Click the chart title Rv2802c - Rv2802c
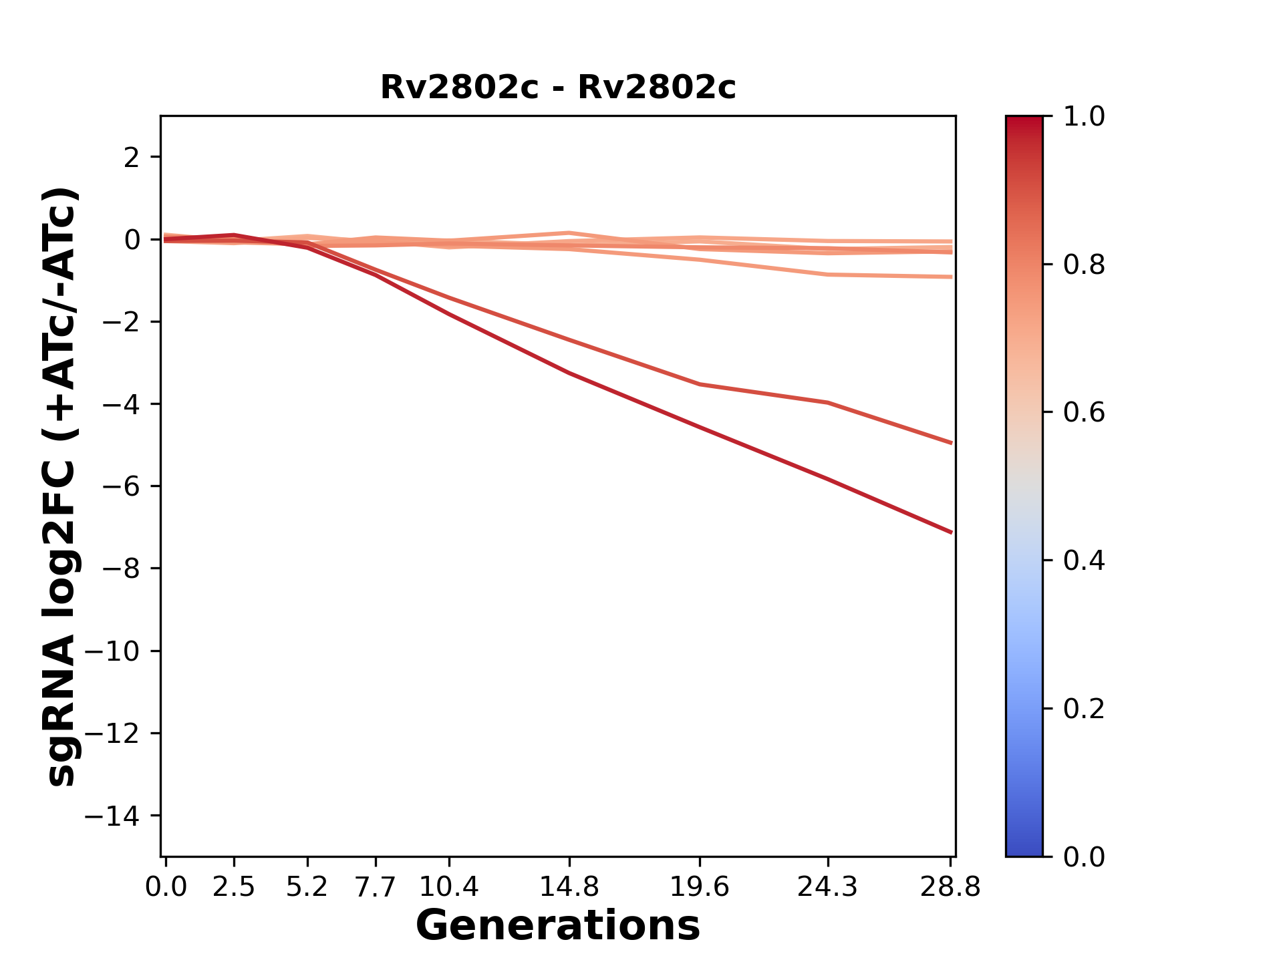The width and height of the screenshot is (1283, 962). [558, 88]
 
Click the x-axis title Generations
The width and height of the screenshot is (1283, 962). [558, 926]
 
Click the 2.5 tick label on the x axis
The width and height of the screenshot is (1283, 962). [234, 887]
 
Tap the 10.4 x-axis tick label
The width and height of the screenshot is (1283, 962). [449, 887]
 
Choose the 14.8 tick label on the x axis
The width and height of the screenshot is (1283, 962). [569, 887]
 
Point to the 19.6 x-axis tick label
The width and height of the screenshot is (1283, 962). [700, 887]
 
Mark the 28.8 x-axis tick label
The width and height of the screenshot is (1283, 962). [950, 887]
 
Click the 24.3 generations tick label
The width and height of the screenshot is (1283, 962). [828, 887]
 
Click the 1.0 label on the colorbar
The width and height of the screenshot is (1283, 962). [1084, 117]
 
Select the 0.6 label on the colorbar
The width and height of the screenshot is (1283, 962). [1084, 413]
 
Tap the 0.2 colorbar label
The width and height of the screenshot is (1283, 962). [1084, 709]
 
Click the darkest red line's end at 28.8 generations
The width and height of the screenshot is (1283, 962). [951, 532]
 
